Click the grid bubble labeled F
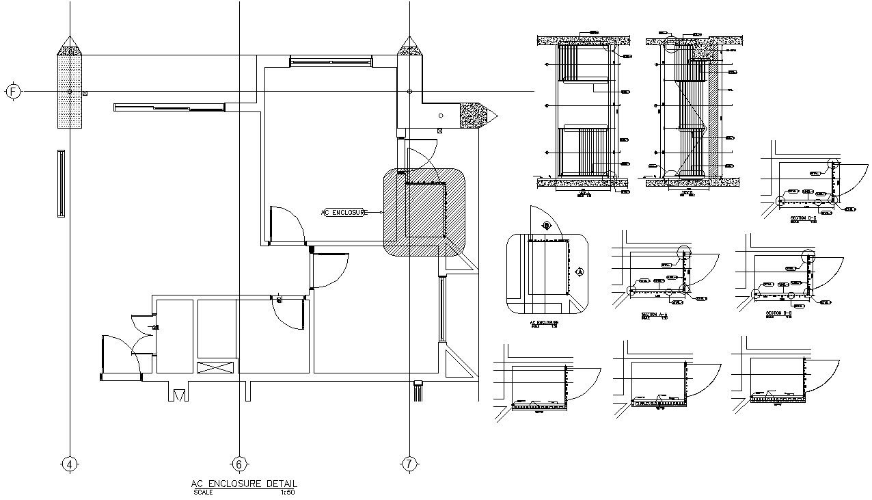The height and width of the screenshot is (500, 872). pyautogui.click(x=13, y=91)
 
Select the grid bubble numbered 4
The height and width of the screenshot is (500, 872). pyautogui.click(x=69, y=464)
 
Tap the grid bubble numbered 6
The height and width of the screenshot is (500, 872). pyautogui.click(x=239, y=464)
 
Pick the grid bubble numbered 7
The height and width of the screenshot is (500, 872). pyautogui.click(x=409, y=464)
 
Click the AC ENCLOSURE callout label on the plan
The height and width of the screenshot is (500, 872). pyautogui.click(x=344, y=213)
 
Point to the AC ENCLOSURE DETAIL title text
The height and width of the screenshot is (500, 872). pyautogui.click(x=244, y=484)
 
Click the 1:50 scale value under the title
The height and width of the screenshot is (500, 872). pyautogui.click(x=287, y=492)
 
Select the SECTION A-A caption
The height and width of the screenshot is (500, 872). pyautogui.click(x=653, y=315)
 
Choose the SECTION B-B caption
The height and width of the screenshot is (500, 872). pyautogui.click(x=778, y=313)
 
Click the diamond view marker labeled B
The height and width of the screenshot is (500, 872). pyautogui.click(x=545, y=224)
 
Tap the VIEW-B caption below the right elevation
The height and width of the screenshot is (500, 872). pyautogui.click(x=687, y=194)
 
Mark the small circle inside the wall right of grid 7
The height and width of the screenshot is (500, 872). pyautogui.click(x=441, y=116)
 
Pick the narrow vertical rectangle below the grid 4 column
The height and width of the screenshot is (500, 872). pyautogui.click(x=61, y=183)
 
